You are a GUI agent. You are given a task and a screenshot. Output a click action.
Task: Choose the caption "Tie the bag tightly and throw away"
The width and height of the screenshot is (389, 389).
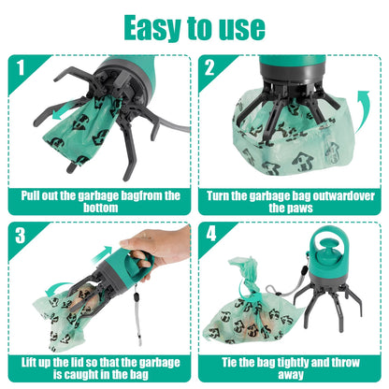tap(291, 367)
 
